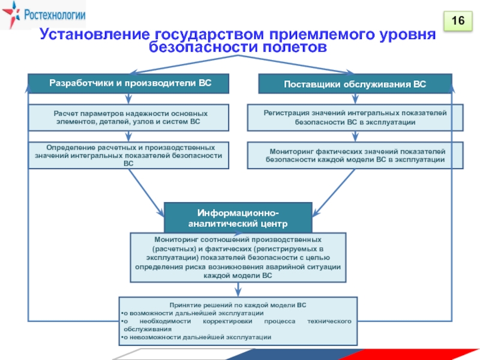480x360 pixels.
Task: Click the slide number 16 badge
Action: tap(458, 22)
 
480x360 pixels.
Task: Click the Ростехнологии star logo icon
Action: tap(11, 16)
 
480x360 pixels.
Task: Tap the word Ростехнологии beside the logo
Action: tap(53, 16)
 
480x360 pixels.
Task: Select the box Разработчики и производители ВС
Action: tap(129, 83)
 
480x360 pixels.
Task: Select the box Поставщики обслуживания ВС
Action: tap(355, 84)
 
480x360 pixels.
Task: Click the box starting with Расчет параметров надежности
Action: tap(129, 118)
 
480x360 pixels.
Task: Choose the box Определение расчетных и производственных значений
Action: tap(129, 155)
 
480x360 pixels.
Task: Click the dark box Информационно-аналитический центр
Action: tap(238, 218)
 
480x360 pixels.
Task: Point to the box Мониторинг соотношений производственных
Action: tap(238, 257)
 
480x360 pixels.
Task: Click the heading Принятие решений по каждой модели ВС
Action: tap(238, 305)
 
